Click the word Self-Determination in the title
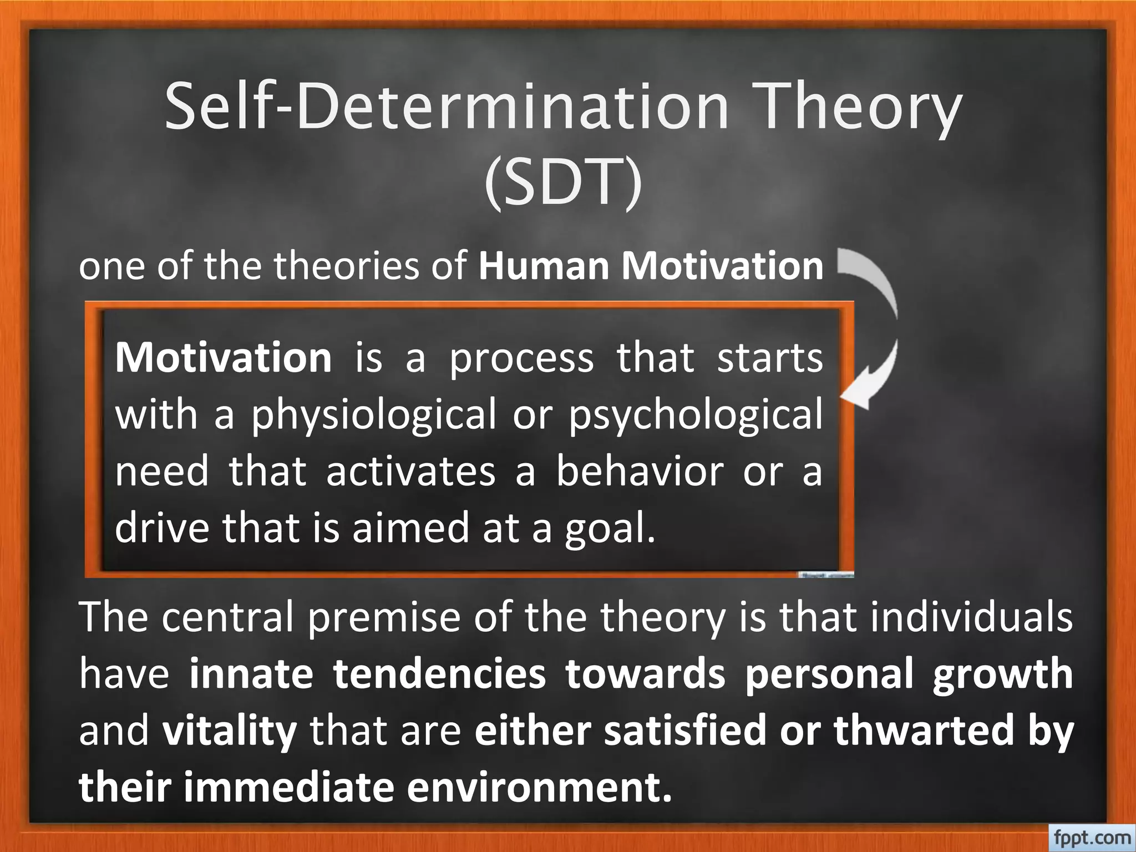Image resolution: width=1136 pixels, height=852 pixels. [447, 106]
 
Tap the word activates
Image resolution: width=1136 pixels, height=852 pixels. [410, 471]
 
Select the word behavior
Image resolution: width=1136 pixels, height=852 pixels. [641, 471]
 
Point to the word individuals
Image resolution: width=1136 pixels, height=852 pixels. [971, 617]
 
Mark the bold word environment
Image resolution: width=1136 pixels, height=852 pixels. [538, 788]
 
